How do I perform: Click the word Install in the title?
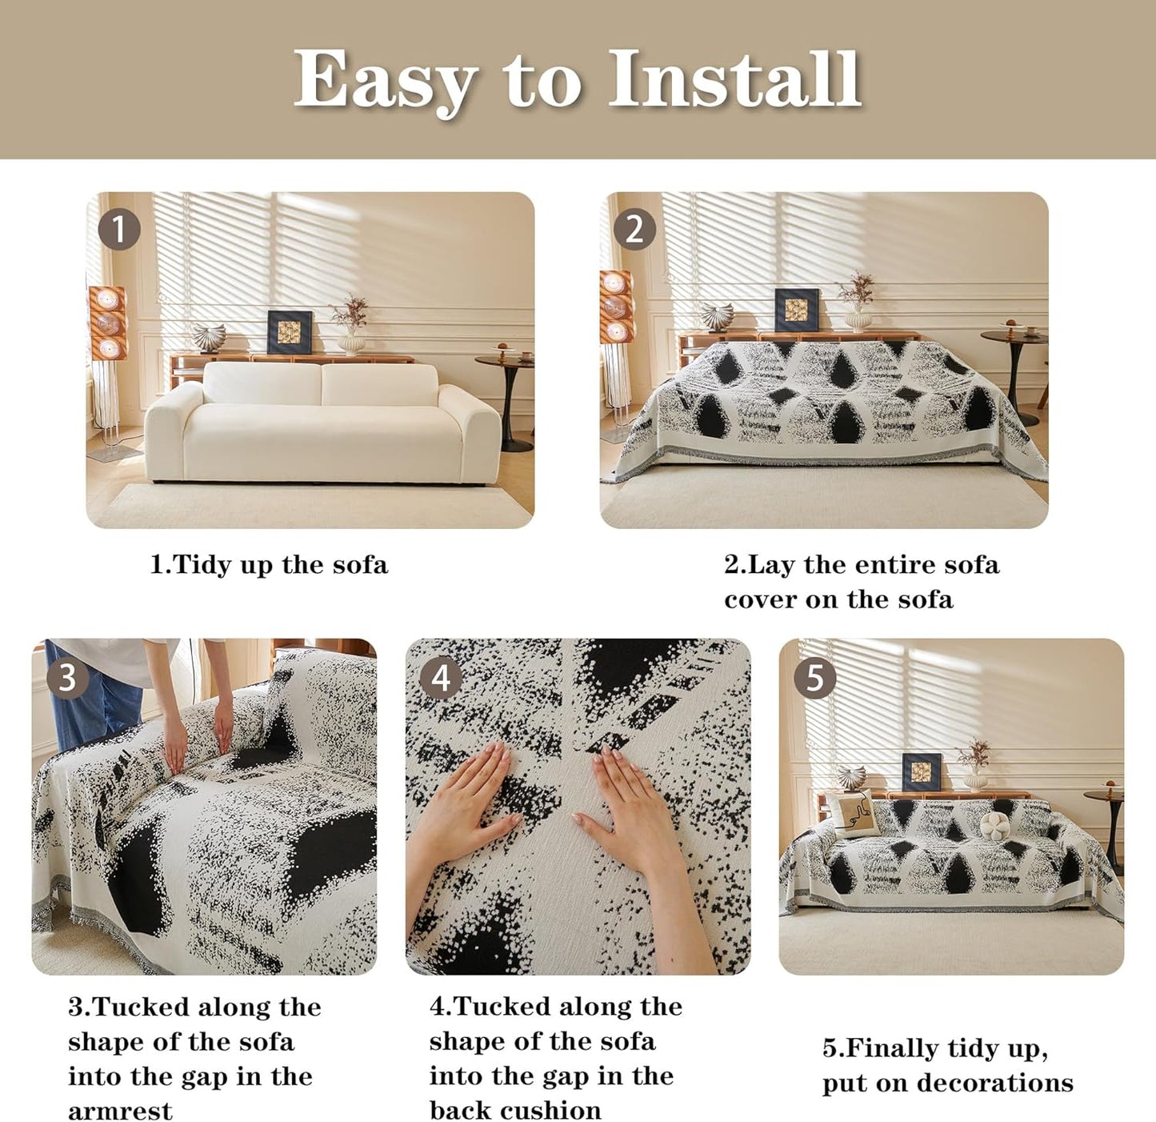click(x=734, y=79)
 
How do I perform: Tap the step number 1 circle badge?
click(x=119, y=230)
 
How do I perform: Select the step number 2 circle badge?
click(x=634, y=230)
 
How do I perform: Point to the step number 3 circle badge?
click(x=67, y=677)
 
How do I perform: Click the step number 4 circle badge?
click(x=441, y=677)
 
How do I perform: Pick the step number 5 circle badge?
click(x=814, y=677)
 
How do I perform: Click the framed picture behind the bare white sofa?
click(x=289, y=332)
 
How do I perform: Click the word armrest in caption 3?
click(x=120, y=1111)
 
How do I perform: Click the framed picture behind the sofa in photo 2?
click(x=797, y=310)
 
